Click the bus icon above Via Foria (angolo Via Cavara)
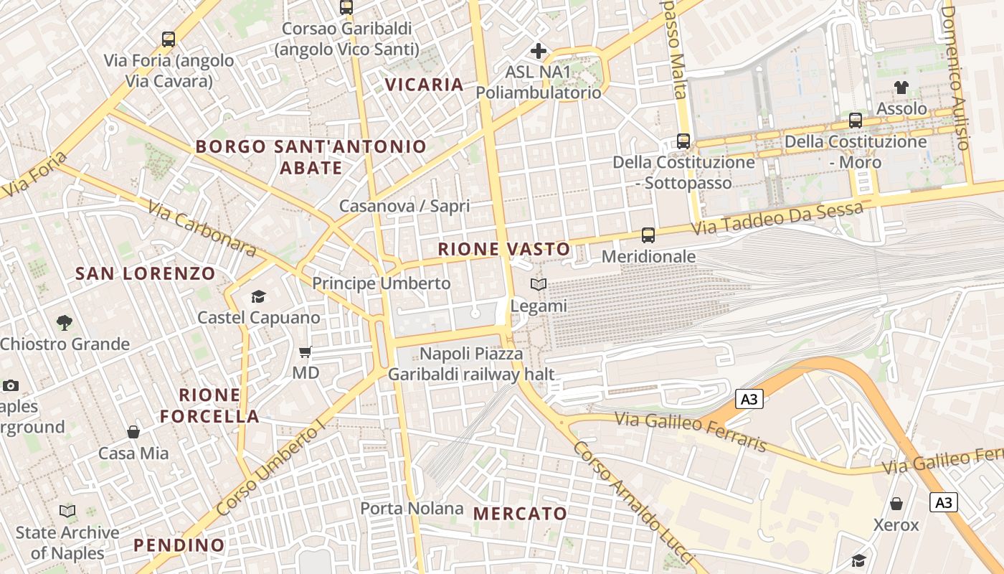click(169, 39)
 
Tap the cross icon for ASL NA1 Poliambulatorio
click(538, 51)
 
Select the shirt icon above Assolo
click(901, 88)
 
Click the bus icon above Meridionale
click(648, 235)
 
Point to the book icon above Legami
click(539, 285)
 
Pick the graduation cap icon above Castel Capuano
click(258, 296)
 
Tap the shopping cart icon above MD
click(306, 352)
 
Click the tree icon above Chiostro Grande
click(65, 323)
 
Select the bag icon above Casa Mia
click(133, 432)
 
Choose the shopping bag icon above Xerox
click(896, 504)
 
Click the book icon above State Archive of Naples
click(67, 512)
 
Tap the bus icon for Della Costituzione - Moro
click(856, 121)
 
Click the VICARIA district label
click(424, 85)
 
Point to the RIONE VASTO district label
click(504, 250)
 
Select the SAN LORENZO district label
click(145, 273)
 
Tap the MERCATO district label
click(520, 514)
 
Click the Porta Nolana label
click(412, 509)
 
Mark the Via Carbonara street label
click(202, 228)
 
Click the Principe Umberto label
click(381, 283)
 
